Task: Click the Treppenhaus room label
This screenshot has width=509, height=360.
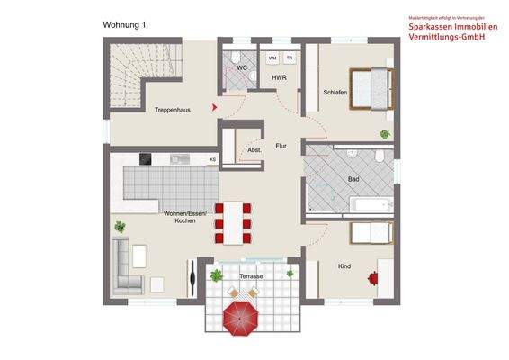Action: (171, 109)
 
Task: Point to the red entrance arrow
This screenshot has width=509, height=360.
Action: (214, 108)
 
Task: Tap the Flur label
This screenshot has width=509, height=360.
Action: (281, 144)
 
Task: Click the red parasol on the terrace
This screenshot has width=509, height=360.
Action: (242, 316)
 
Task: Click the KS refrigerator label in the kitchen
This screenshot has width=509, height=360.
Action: (212, 160)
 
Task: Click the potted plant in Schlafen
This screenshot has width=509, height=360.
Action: (385, 134)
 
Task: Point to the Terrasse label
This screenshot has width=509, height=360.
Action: (251, 276)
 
